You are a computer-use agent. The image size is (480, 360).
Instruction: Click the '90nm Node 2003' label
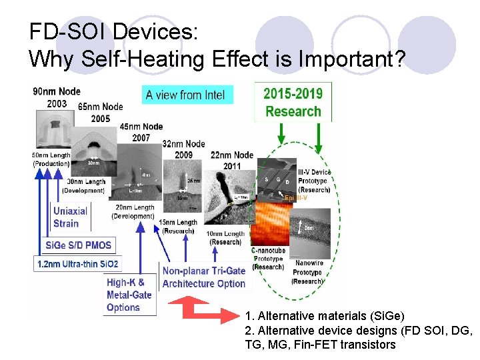point(57,97)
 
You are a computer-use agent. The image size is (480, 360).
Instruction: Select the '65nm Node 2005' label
point(100,112)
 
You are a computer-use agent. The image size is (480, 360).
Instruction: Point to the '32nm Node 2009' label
point(184,149)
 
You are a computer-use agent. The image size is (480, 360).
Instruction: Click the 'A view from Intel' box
point(187,95)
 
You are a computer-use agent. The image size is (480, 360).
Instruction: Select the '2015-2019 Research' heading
point(293,102)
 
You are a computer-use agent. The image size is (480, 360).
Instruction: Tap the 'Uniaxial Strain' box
point(71,217)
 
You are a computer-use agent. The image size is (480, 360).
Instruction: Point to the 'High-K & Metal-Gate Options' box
point(129,295)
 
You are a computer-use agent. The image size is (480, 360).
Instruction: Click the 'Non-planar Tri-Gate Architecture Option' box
point(204,277)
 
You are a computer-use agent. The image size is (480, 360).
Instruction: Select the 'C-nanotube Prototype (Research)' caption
point(268,259)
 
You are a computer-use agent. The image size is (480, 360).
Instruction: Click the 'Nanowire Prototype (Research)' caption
point(307,272)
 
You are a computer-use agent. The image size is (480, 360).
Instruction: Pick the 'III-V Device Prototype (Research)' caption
point(314,181)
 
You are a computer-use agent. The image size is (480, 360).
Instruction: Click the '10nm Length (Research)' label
point(225,237)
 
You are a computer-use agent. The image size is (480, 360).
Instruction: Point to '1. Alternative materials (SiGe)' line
point(325,315)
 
